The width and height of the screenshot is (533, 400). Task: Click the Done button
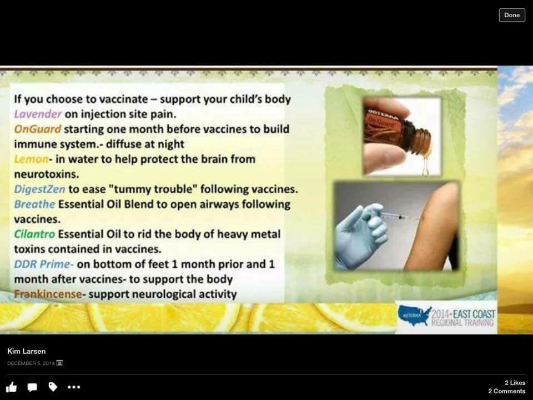pos(511,15)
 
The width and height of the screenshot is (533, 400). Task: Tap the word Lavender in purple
pos(38,114)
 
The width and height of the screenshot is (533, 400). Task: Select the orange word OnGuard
pos(37,129)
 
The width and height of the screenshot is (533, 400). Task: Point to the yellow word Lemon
pos(31,159)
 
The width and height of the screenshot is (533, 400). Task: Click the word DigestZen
pos(39,189)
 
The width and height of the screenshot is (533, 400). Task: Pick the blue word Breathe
pos(34,204)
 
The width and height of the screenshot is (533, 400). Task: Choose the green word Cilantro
pos(34,234)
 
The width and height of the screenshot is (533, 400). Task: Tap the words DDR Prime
pos(43,264)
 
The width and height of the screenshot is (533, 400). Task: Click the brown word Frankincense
pos(48,294)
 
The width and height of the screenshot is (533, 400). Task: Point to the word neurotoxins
pos(46,174)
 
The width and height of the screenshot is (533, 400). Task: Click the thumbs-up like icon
pos(12,387)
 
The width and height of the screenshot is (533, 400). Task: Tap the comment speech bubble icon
pos(32,387)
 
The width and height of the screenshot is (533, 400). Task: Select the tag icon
pos(53,387)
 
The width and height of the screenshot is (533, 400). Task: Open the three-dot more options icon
pos(74,387)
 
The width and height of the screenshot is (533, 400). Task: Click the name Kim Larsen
pos(27,351)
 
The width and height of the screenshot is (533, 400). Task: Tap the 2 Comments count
pos(507,391)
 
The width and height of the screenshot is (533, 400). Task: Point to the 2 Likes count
pos(515,383)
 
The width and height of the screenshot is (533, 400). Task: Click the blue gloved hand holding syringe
pos(360,234)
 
